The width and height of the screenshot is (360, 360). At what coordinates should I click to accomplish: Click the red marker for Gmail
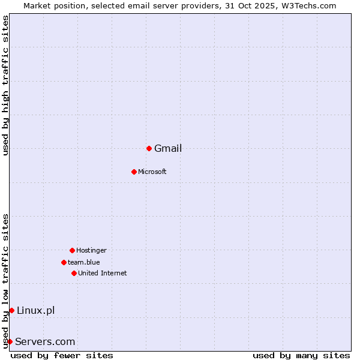point(149,148)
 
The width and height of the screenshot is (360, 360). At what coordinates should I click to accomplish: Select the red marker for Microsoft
point(134,172)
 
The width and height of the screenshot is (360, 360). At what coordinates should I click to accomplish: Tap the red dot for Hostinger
point(72,250)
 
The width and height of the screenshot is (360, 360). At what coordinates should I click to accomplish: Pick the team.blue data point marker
point(64,262)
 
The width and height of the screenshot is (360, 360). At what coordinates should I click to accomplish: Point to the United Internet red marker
point(74,273)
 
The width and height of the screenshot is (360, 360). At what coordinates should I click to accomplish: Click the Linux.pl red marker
point(11,310)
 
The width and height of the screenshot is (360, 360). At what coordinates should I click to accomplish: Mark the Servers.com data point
point(10,341)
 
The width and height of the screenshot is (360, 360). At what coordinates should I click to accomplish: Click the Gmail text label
point(168,149)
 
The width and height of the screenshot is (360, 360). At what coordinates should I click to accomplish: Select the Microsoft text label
point(152,172)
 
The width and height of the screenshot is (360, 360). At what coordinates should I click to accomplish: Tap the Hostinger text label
point(91,251)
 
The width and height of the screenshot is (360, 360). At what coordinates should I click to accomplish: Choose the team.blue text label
point(84,262)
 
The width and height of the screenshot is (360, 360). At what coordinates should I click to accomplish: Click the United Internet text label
point(103,274)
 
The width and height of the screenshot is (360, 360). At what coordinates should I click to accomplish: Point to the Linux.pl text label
point(36,310)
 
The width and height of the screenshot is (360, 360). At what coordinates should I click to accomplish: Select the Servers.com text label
point(46,342)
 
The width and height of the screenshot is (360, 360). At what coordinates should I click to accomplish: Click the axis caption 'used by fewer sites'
point(62,355)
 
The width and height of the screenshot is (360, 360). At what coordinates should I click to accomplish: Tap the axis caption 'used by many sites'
point(301,355)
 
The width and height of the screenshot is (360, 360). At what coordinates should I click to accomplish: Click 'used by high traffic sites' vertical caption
point(5,86)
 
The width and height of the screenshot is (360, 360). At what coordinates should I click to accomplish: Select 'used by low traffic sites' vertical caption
point(5,281)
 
